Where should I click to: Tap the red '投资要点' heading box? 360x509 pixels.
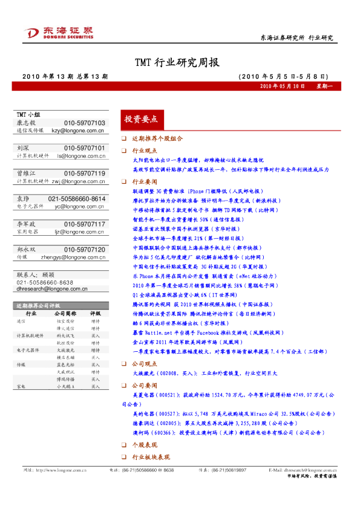click(140, 118)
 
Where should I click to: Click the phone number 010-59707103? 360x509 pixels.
click(84, 123)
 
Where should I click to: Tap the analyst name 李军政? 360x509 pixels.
click(27, 224)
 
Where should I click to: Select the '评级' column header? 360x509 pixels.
click(96, 314)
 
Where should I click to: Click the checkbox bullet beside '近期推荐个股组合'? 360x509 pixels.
click(124, 139)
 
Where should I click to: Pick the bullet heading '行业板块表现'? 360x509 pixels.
click(151, 456)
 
